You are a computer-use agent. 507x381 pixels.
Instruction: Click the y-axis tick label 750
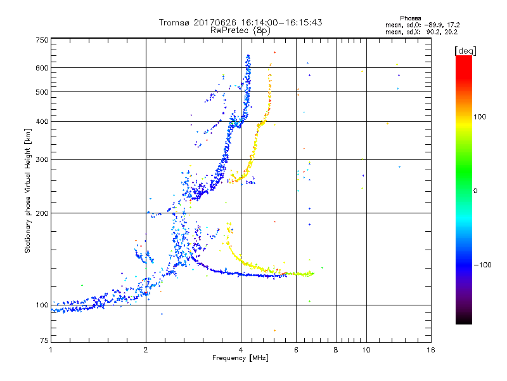coord(42,40)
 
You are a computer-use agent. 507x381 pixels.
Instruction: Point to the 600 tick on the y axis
coord(42,68)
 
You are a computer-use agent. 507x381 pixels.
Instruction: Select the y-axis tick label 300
coord(42,159)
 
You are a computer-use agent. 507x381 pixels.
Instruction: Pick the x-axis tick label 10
coord(366,350)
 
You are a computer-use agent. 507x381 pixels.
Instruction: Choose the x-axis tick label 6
coord(296,350)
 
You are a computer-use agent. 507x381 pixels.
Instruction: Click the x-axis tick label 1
coord(51,350)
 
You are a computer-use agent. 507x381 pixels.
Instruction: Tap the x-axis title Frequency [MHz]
coord(241,359)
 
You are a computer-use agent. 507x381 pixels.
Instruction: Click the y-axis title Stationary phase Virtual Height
coord(28,190)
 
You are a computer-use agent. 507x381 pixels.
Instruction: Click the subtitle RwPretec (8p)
coord(241,30)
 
